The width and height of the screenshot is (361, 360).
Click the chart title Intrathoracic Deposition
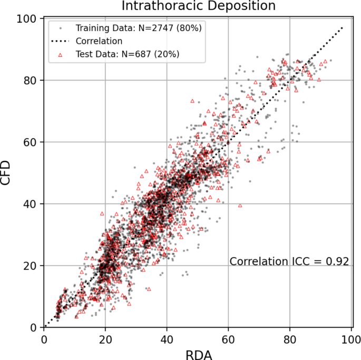(198, 6)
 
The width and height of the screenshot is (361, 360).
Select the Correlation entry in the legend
(99, 41)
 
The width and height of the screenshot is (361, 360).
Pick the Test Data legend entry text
(127, 53)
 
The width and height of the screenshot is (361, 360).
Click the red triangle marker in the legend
(61, 53)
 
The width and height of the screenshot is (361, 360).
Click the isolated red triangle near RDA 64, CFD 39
(240, 206)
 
